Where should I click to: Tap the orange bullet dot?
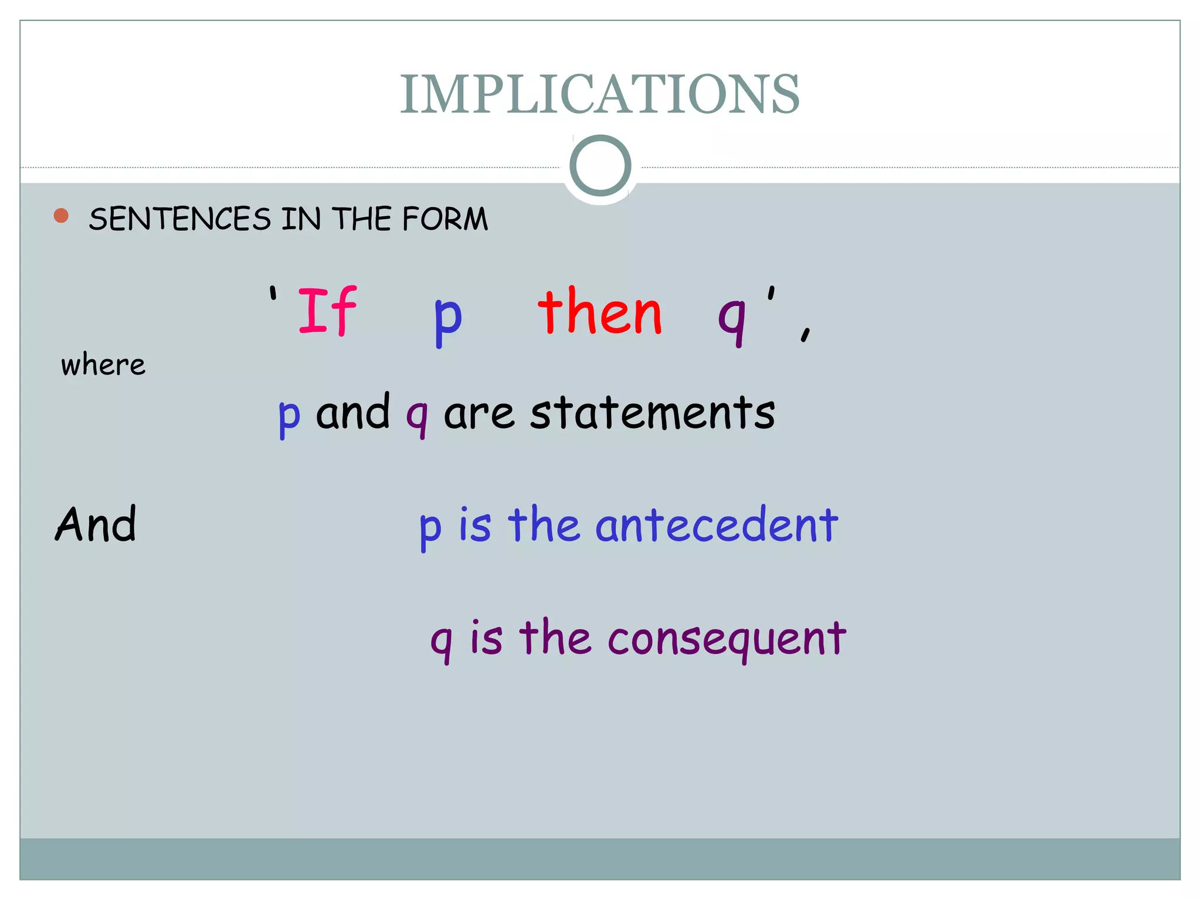(61, 216)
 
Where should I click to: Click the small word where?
(103, 365)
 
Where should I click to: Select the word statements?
(653, 412)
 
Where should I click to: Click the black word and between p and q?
(352, 412)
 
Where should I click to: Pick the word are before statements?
(479, 414)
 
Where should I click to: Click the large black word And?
(96, 524)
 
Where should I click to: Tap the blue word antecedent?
(717, 525)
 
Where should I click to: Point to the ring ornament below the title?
(600, 166)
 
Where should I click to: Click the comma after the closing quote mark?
(806, 333)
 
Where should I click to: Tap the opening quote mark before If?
(273, 293)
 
